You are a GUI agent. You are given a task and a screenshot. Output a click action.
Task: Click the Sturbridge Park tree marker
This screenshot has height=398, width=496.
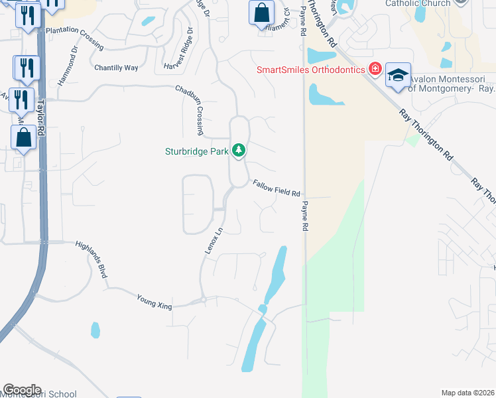(x=239, y=151)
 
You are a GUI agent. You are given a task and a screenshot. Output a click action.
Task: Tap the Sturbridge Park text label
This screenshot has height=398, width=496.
(x=196, y=151)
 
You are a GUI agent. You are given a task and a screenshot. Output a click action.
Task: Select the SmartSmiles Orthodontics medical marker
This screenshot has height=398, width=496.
(x=375, y=69)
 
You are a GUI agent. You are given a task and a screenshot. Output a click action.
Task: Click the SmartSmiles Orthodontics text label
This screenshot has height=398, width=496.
(x=312, y=70)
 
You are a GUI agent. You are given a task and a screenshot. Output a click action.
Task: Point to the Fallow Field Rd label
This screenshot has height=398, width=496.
(x=277, y=188)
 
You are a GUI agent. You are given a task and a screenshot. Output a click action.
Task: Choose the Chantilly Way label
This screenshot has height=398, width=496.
(x=116, y=68)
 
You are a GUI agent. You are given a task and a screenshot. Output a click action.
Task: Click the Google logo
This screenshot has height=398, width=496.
(x=22, y=390)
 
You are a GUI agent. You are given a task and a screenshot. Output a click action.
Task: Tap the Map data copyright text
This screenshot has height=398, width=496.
(x=467, y=393)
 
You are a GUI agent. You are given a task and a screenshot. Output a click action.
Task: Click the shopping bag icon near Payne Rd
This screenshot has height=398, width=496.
(x=262, y=13)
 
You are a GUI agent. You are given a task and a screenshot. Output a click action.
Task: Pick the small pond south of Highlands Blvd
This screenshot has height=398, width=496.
(x=95, y=330)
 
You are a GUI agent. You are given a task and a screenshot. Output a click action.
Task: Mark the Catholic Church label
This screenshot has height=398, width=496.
(x=418, y=3)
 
